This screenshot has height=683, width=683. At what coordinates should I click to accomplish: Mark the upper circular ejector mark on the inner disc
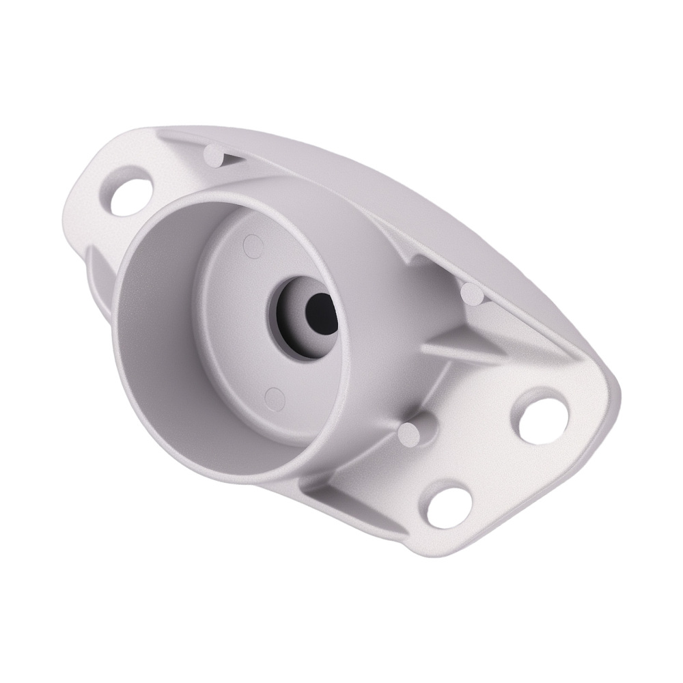point(252,243)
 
